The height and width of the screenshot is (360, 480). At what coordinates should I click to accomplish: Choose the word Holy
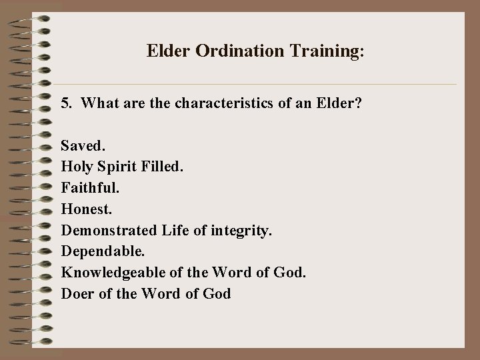pos(75,166)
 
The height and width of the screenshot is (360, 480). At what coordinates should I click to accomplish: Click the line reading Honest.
pos(85,209)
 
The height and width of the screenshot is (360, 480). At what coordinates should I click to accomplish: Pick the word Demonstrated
pos(109,230)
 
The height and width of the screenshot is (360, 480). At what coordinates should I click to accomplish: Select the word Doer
pos(76,294)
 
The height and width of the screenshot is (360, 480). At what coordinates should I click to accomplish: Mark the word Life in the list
pos(175,230)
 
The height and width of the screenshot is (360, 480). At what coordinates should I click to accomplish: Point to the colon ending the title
pos(362,52)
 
